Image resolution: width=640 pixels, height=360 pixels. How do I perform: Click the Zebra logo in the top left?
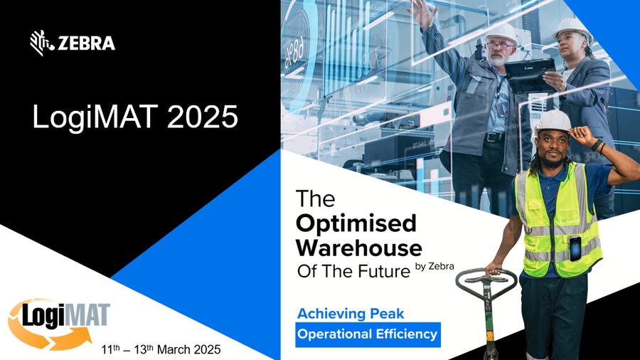[73, 43]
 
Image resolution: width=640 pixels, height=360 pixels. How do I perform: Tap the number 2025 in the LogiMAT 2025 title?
[203, 117]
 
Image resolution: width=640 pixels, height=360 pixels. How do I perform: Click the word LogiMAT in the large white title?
[95, 117]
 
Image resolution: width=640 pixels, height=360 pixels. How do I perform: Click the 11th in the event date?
[111, 349]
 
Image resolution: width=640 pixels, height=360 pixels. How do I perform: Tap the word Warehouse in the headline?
[359, 248]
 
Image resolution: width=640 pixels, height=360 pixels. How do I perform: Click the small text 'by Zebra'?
[434, 267]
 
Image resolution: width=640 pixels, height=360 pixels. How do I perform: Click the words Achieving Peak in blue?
[351, 314]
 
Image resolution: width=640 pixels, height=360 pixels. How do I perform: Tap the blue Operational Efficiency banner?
[368, 334]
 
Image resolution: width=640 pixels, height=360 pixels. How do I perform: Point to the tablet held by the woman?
[530, 75]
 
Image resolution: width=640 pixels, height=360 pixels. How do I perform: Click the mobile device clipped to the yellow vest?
[575, 248]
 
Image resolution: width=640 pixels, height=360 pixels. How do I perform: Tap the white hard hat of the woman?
[572, 28]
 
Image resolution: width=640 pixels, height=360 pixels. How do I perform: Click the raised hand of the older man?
[422, 12]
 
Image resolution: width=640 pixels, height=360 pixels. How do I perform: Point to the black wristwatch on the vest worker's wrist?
[597, 145]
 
